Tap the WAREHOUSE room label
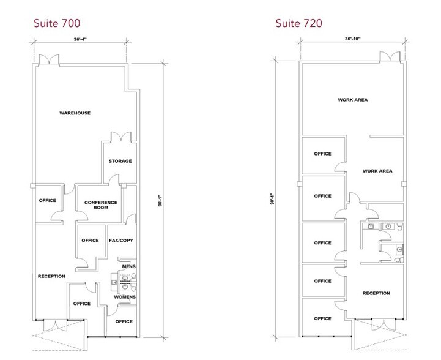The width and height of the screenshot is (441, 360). (75, 113)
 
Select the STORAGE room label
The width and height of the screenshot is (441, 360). (120, 161)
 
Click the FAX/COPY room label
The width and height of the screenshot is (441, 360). (120, 240)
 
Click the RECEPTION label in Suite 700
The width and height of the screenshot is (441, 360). (51, 276)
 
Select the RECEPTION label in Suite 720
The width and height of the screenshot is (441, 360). (376, 293)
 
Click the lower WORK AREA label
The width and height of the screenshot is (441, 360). (377, 171)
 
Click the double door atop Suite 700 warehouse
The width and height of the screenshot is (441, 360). (47, 61)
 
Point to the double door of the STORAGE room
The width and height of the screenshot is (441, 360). (118, 138)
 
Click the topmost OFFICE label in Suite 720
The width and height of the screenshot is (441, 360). (322, 154)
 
